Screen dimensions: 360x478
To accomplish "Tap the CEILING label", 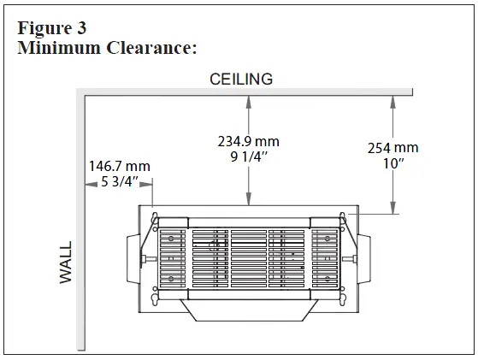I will [x=242, y=80].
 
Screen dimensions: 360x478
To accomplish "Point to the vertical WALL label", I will [x=67, y=263].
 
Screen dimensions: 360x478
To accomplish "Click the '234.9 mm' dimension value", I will [x=248, y=141].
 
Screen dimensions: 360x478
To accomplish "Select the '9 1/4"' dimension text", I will [x=248, y=157].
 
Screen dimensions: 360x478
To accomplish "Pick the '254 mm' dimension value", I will [x=392, y=148].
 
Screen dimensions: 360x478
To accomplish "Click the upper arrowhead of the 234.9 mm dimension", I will [x=248, y=100].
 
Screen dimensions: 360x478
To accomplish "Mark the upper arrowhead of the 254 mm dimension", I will [x=392, y=100].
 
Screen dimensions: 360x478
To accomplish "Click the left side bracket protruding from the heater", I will [x=132, y=257].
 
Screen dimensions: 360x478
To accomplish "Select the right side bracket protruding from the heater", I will [x=363, y=257].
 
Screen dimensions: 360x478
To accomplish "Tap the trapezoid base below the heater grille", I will [x=248, y=310].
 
